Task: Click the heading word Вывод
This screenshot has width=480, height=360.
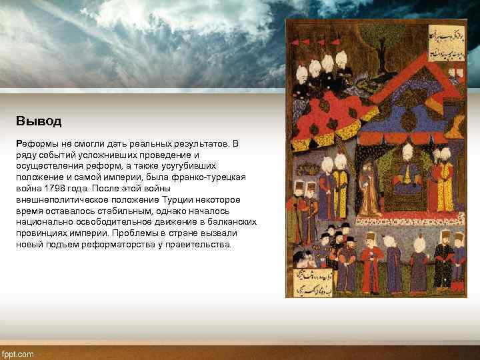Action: (39, 121)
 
